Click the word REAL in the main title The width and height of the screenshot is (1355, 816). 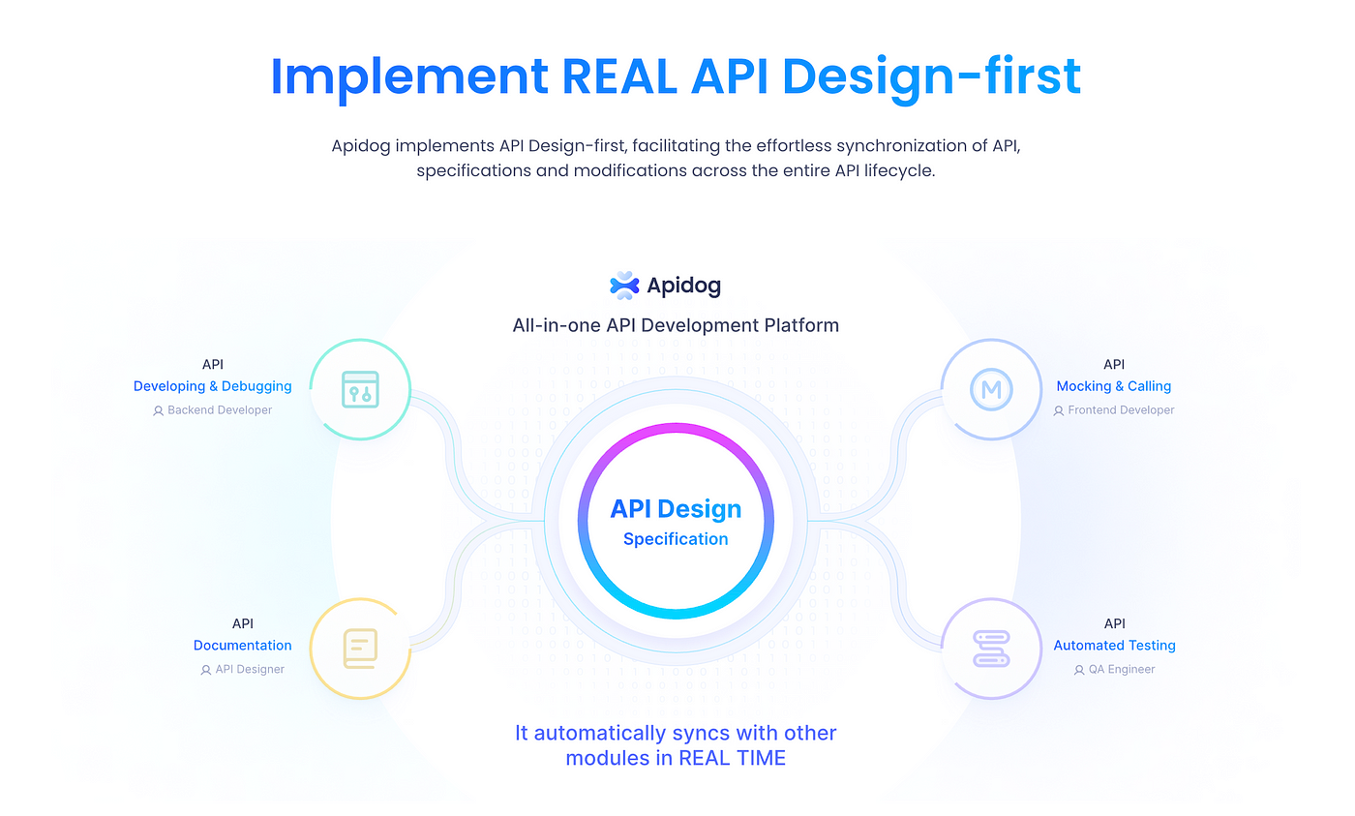(618, 76)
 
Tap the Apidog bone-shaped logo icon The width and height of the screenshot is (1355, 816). (624, 286)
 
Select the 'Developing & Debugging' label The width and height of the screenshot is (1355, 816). (212, 386)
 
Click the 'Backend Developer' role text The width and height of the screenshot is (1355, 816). (220, 410)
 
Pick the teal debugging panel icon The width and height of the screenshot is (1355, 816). (360, 389)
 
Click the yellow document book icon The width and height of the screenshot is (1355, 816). (360, 649)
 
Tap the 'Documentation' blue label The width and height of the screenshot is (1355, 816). (243, 646)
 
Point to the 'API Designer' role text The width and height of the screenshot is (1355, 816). (250, 669)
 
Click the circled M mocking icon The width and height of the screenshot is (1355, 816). (991, 389)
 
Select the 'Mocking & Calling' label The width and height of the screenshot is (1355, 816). (1114, 386)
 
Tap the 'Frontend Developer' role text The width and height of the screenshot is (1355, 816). (1121, 410)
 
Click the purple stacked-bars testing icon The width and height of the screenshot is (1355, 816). (991, 649)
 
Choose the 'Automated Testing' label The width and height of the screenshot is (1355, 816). (1114, 646)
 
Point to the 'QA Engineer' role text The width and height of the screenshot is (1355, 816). (1122, 669)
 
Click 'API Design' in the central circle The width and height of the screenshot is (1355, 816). (676, 509)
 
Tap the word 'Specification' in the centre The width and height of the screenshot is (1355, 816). (676, 539)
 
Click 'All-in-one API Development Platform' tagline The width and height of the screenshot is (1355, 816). (676, 325)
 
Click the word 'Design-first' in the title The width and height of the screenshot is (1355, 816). (931, 76)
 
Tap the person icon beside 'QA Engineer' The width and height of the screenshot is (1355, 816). (1078, 670)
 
